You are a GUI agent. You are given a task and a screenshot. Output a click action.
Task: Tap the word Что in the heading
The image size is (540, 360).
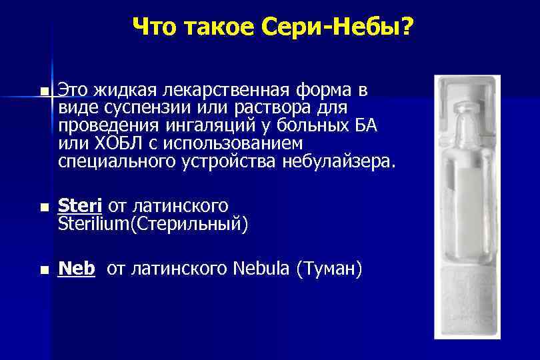[x=158, y=27]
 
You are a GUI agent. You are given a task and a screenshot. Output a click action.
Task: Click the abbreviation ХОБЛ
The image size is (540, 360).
[x=113, y=143]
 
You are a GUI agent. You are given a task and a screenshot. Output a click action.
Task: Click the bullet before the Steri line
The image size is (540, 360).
[x=43, y=208]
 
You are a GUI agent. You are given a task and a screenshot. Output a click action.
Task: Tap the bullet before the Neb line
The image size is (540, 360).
[x=43, y=270]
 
